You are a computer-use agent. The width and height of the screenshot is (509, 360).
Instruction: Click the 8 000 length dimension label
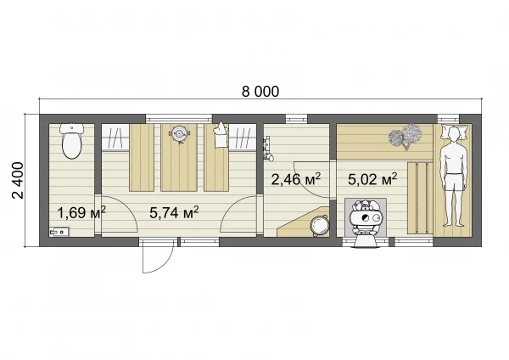point(260,92)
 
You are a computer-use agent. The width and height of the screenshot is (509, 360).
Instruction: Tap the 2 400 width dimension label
point(18,181)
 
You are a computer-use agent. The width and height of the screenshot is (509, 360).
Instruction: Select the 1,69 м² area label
point(81,213)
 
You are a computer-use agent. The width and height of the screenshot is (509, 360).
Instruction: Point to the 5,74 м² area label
point(174,213)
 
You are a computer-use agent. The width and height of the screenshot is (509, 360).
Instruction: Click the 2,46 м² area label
point(296,179)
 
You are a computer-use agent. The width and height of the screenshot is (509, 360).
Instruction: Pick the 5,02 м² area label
point(372,179)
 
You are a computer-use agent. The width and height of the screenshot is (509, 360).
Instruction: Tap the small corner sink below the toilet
point(59,232)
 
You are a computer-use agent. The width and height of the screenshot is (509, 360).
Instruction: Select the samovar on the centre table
point(179,133)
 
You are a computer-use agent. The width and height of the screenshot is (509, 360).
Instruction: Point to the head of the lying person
point(454,133)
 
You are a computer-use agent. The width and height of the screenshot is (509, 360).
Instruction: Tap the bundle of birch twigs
point(406,136)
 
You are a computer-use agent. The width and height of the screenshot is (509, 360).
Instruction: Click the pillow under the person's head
point(453,132)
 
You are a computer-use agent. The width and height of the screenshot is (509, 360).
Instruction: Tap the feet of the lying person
point(454,223)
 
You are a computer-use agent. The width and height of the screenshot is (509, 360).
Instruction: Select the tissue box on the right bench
point(221,136)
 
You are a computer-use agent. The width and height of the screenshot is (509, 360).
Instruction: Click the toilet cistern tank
point(72,128)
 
